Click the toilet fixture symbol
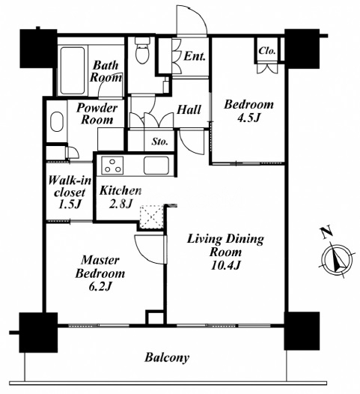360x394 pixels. coord(142,50)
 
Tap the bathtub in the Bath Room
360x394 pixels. coord(73,70)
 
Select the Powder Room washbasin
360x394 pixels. coord(57,121)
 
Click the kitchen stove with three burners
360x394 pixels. coord(112,165)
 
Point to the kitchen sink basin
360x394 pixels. coord(156,166)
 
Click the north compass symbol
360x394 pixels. coord(338,260)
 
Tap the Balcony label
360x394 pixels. coord(167,357)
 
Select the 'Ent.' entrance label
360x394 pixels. coord(195,56)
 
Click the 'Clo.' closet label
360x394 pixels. coord(267,51)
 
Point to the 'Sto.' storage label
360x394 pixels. coord(159,142)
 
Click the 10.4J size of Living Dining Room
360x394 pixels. coord(226,265)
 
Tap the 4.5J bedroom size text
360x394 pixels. coord(248,118)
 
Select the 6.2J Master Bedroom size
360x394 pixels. coord(100,286)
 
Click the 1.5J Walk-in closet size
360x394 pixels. coord(70,204)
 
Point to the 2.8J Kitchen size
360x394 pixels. coord(120,204)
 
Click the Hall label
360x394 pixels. coord(189,110)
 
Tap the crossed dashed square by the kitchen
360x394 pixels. coord(151,217)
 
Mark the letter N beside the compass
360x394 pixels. coord(326,232)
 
